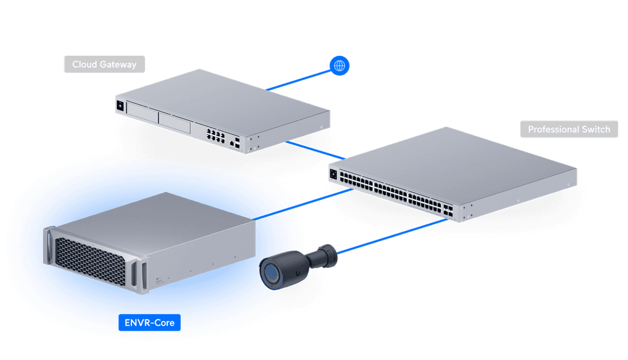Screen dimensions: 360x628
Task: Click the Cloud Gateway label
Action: tap(104, 64)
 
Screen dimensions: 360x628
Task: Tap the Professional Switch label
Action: tap(569, 129)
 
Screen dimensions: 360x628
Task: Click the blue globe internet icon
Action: tap(339, 66)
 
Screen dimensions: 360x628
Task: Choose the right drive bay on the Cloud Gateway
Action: tap(175, 122)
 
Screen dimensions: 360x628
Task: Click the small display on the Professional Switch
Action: tap(333, 174)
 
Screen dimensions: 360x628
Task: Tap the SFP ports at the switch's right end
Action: tap(449, 212)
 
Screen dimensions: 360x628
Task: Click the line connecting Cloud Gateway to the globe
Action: tap(301, 78)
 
